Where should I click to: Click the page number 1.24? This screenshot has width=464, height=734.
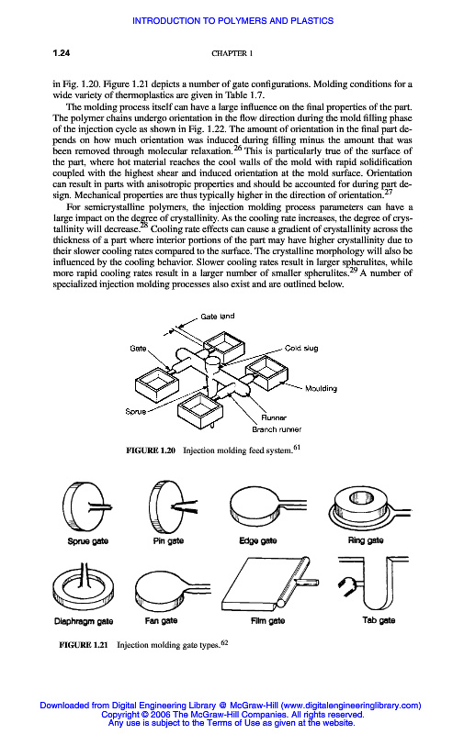point(62,53)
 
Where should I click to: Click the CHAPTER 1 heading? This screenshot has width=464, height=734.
point(232,53)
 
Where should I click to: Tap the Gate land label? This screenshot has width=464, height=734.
point(218,317)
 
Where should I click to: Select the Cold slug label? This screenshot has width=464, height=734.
point(301,348)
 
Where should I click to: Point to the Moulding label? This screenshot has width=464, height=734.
point(321,388)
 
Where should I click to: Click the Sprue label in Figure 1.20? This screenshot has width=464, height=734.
point(135,411)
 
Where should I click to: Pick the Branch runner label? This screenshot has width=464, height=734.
point(277,429)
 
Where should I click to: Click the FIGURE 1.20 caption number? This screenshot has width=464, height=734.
point(151,450)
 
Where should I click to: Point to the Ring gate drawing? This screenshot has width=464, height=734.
point(370,508)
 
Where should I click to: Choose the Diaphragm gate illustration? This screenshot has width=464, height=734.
point(84,588)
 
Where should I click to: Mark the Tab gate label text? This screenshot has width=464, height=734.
point(379,620)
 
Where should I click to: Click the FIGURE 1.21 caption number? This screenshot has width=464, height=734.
point(84,645)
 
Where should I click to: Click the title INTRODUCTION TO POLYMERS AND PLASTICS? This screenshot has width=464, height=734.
point(233,20)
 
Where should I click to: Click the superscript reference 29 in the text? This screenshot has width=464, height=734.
point(354,270)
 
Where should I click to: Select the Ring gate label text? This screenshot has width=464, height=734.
point(366,540)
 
